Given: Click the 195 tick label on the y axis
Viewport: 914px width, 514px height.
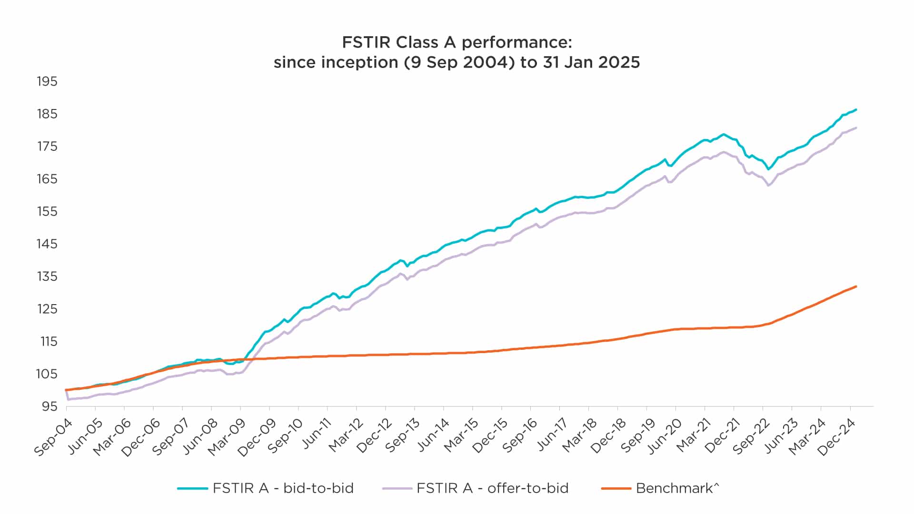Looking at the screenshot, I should tap(47, 81).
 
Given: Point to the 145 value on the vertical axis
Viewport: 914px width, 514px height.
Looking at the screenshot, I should tap(47, 244).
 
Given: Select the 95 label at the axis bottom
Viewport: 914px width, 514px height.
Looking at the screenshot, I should tap(50, 406).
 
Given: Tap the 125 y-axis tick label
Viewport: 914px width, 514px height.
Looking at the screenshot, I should tap(47, 309).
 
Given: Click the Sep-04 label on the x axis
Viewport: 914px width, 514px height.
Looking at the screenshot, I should tap(53, 437).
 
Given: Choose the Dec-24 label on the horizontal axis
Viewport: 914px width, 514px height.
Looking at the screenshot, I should tap(837, 437).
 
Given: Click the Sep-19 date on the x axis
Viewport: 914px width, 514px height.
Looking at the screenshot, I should tap(634, 437).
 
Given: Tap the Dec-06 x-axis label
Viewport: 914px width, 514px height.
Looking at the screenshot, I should tap(140, 437).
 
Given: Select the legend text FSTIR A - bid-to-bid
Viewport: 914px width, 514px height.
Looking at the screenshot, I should tap(283, 488).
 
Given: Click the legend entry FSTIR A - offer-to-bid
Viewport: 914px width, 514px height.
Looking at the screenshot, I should tap(492, 488).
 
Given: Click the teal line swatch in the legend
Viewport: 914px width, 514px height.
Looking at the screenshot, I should tap(193, 488).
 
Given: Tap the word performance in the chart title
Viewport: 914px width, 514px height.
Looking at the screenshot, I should tap(517, 42).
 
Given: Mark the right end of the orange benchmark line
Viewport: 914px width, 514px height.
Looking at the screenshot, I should tap(856, 287).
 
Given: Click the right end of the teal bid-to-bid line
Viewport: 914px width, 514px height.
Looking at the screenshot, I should tap(856, 110).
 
